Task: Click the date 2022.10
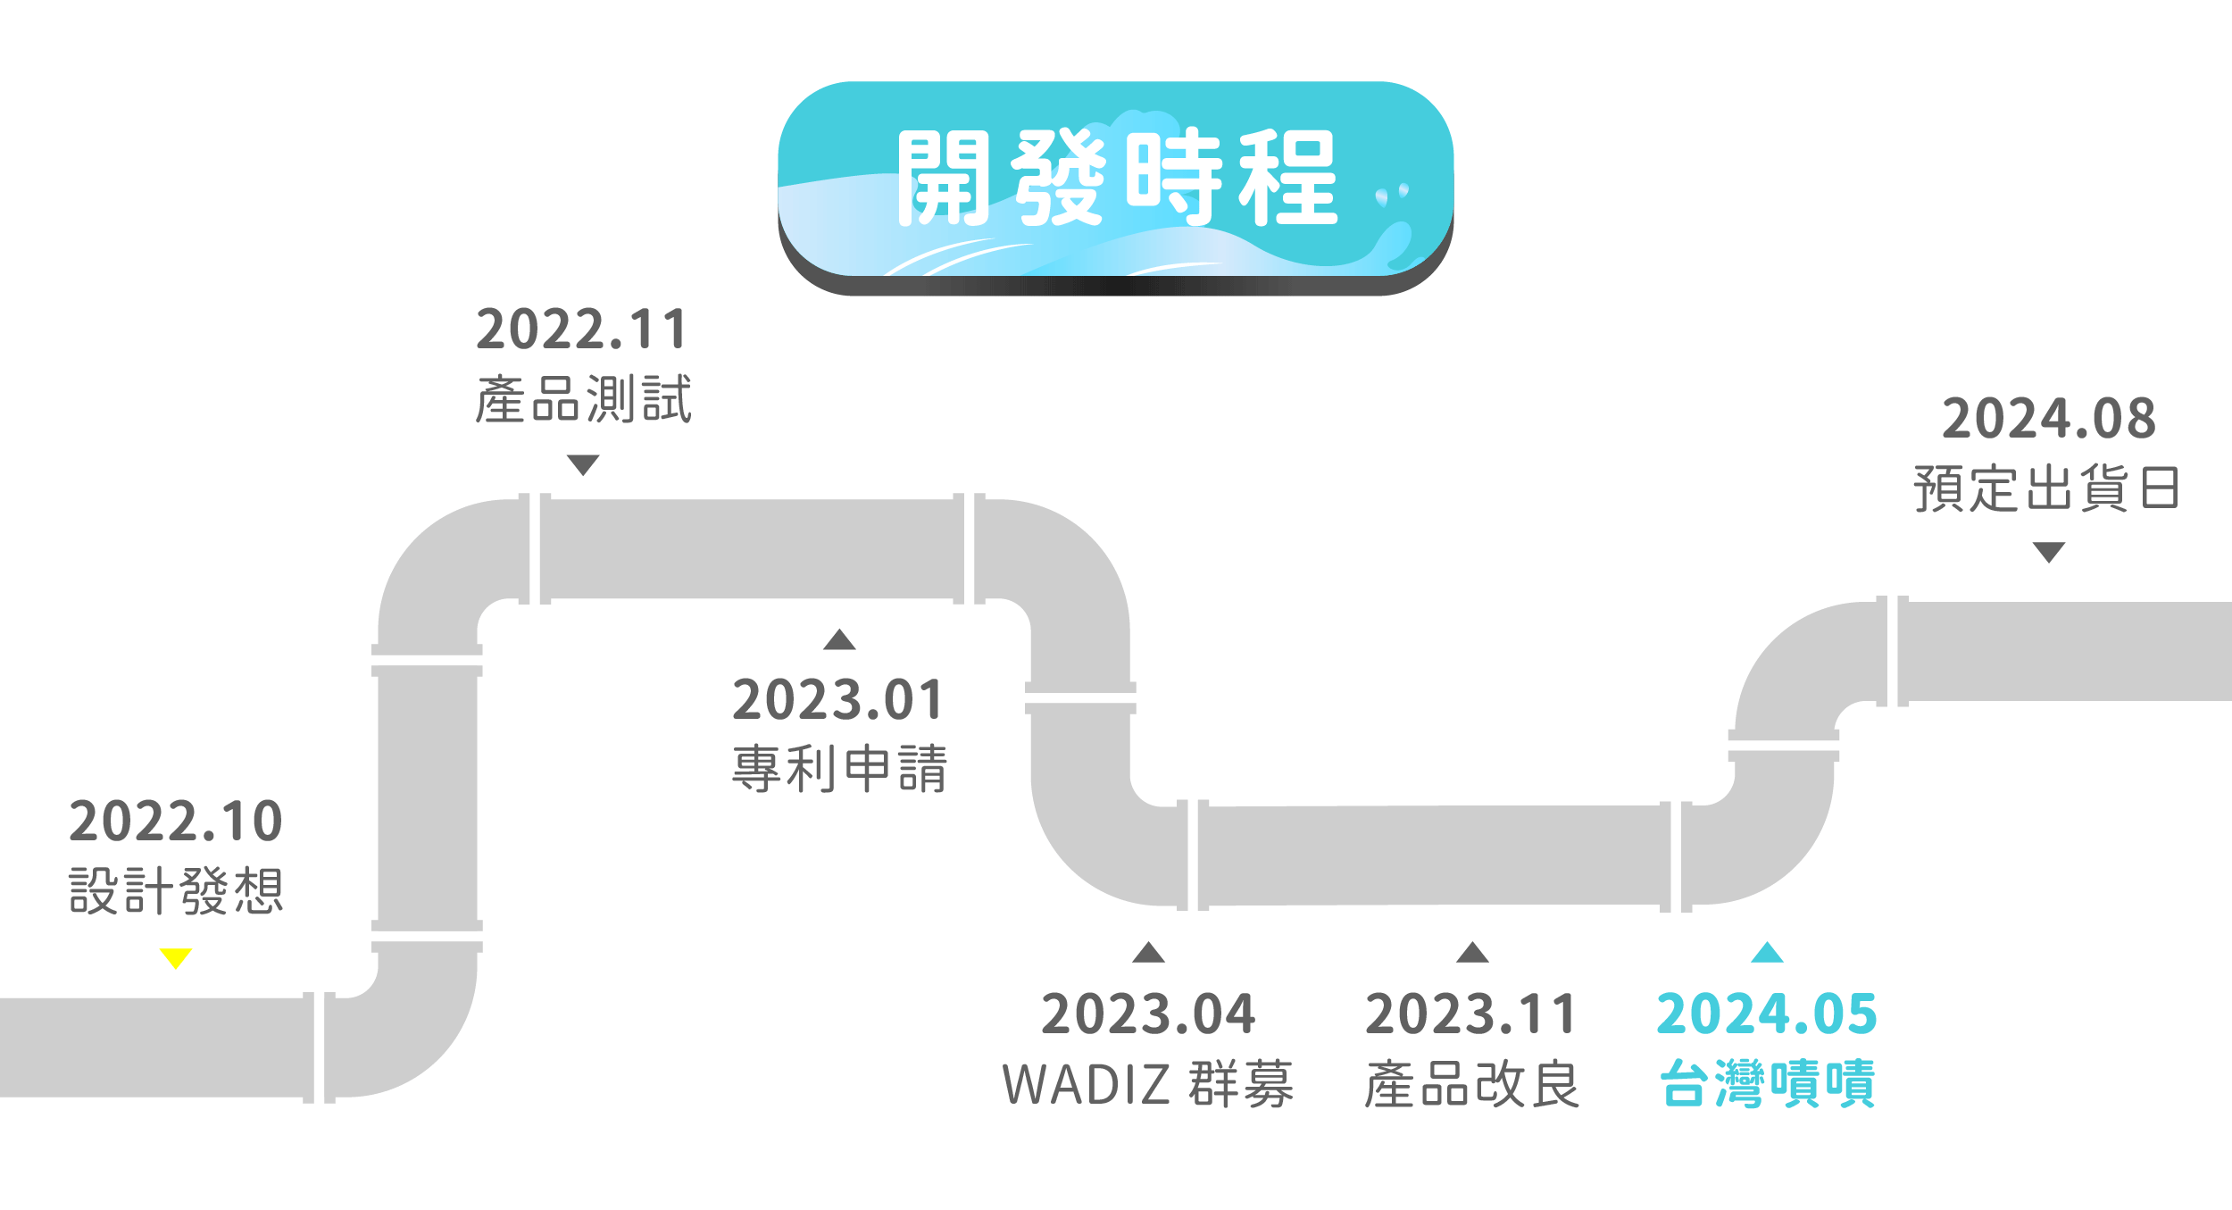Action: point(176,822)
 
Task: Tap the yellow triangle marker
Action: point(176,958)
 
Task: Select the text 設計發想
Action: point(176,891)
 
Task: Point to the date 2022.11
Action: point(582,330)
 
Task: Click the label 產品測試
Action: point(583,399)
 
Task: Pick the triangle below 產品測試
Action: point(583,464)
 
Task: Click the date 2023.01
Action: point(838,699)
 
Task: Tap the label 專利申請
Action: point(838,769)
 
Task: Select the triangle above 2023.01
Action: point(839,639)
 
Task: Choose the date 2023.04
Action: point(1148,1014)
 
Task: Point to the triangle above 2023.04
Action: point(1148,953)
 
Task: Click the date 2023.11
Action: point(1472,1014)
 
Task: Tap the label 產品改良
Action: point(1472,1084)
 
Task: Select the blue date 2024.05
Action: point(1767,1014)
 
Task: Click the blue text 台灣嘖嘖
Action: point(1767,1084)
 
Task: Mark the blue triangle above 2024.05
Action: point(1767,953)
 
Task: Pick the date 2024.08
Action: point(2049,419)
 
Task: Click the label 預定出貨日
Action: point(2048,488)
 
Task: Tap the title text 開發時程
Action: point(1116,178)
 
